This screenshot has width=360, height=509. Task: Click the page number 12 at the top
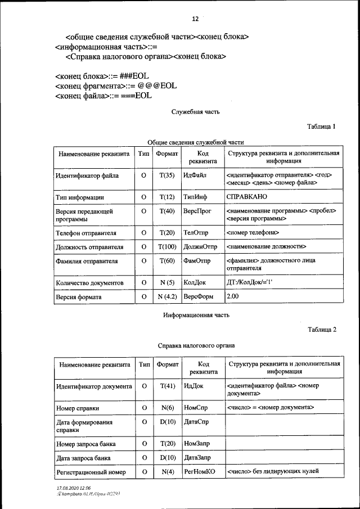pos(195,19)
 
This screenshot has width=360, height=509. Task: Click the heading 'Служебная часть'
pos(195,112)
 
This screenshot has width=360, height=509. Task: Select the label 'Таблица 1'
pos(321,127)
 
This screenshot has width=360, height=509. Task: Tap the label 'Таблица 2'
pos(321,330)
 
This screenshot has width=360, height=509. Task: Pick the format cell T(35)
pos(167,175)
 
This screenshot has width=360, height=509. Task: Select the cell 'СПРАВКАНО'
pos(246,197)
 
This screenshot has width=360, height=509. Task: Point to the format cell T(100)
pos(167,246)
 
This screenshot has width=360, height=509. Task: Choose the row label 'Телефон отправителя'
pos(86,232)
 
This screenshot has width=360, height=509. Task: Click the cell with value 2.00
pos(232,296)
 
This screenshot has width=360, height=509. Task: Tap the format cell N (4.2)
pos(167,296)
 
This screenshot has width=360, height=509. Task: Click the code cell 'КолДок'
pos(195,282)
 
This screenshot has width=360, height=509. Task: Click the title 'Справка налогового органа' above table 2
pos(195,345)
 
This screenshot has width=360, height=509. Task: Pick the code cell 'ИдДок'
pos(193,386)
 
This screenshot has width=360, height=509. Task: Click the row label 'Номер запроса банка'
pos(86,444)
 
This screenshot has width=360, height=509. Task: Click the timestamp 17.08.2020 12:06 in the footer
pos(74,488)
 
